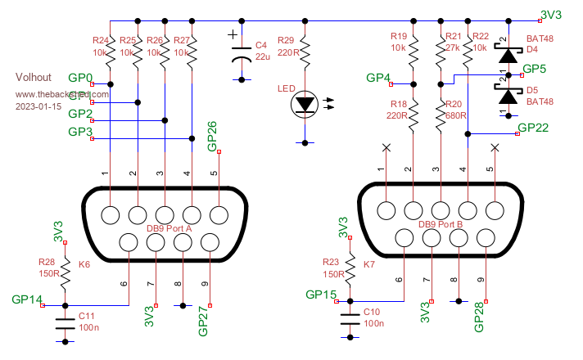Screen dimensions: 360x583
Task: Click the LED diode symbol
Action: pyautogui.click(x=306, y=104)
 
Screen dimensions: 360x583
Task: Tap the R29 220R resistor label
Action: pyautogui.click(x=287, y=45)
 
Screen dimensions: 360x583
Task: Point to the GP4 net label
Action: pyautogui.click(x=378, y=79)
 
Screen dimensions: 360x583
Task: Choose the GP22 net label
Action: pyautogui.click(x=533, y=128)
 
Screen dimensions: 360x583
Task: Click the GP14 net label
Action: pyautogui.click(x=27, y=299)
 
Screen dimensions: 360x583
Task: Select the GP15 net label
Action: pyautogui.click(x=321, y=295)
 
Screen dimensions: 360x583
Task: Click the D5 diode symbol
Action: pyautogui.click(x=508, y=96)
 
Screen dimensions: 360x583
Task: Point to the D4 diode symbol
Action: pyautogui.click(x=508, y=56)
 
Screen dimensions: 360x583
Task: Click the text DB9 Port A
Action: pyautogui.click(x=169, y=229)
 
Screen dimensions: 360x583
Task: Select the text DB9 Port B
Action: pyautogui.click(x=441, y=224)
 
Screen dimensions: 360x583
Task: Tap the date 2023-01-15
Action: pyautogui.click(x=39, y=106)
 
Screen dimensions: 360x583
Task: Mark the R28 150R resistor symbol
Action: pyautogui.click(x=66, y=269)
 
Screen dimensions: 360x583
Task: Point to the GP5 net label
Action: pyautogui.click(x=534, y=69)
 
